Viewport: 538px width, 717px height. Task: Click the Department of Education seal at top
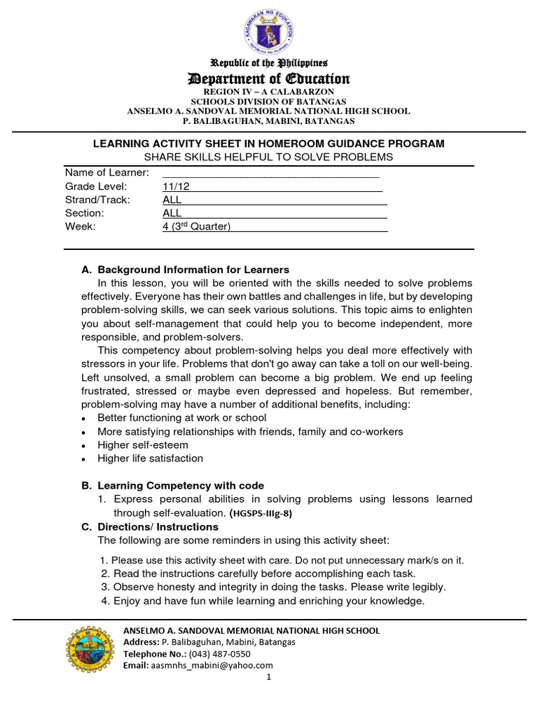pos(269,32)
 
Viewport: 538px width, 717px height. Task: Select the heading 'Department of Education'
pos(269,78)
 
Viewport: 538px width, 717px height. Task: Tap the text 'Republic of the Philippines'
pos(269,63)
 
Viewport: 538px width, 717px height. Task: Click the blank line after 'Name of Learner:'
pos(270,173)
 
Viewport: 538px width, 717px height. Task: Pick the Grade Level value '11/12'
pos(176,186)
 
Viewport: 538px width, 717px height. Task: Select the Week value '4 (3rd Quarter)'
pos(196,226)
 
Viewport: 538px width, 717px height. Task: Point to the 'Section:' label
pos(84,213)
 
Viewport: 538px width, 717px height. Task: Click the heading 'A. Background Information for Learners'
pos(186,270)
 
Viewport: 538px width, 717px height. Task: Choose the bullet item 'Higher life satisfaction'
pos(150,459)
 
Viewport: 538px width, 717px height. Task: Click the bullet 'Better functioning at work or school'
pos(181,417)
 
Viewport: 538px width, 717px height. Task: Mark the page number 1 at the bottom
pos(268,677)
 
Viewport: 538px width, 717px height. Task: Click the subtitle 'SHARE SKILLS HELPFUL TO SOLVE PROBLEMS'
pos(269,157)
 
